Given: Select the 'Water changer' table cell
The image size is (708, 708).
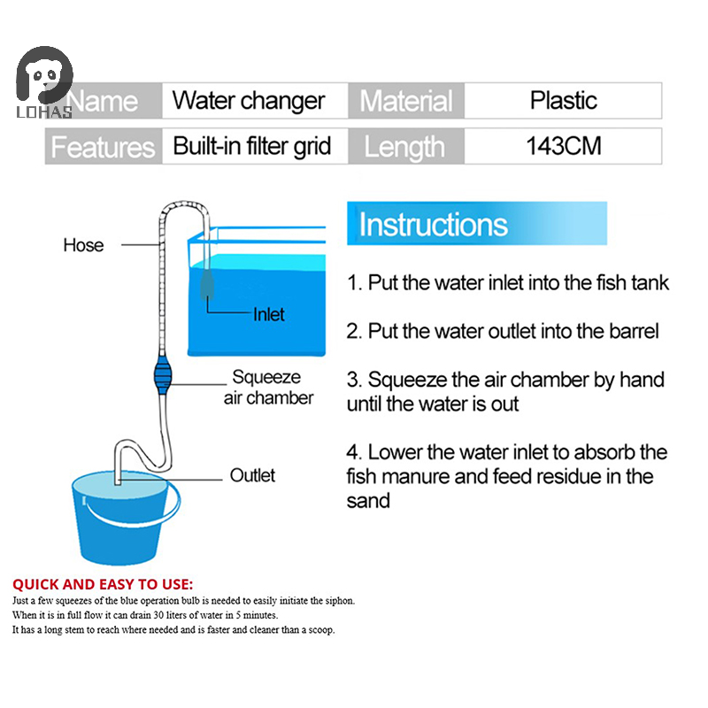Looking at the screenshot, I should coord(249,100).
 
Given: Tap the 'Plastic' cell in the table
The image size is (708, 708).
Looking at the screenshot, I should coord(563,100).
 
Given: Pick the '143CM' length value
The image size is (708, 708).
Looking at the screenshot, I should coord(563,146).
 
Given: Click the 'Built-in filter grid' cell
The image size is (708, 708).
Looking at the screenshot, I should coord(251,146).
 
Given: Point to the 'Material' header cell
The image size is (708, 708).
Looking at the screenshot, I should coord(405,100).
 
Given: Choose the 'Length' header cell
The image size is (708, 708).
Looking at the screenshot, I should coord(404,146).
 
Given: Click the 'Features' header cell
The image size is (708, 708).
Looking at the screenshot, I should coord(103,146).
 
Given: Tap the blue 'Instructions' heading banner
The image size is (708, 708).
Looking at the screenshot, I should coord(476,224).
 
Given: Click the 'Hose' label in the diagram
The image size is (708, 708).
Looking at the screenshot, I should coord(83,245).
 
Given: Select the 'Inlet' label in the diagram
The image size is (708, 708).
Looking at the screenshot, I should coord(269,314).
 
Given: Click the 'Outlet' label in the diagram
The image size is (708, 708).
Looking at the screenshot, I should coord(252,475).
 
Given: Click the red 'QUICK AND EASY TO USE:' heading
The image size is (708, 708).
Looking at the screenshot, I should coord(102,584).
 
